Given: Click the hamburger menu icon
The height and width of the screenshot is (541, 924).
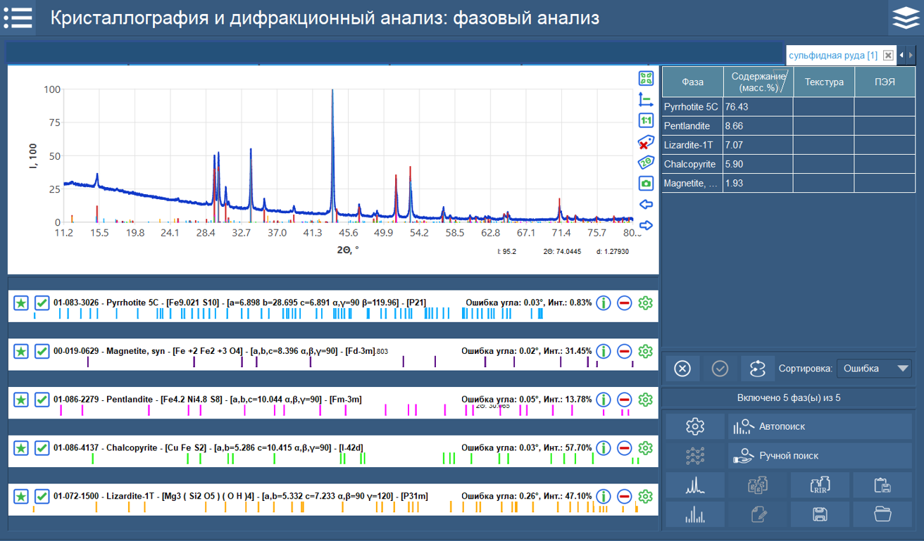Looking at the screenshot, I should click(18, 18).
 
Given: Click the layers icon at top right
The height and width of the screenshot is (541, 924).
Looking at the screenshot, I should click(906, 18).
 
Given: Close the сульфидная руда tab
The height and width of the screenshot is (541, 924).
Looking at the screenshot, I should click(888, 56).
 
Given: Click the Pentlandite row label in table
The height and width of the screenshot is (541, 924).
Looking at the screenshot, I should click(692, 126).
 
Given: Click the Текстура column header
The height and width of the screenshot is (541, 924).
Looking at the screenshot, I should click(824, 82).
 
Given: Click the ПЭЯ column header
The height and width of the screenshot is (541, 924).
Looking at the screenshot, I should click(885, 82).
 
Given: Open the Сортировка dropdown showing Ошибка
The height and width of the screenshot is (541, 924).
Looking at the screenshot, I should click(873, 369).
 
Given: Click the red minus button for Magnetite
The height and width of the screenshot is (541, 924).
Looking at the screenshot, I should click(624, 351).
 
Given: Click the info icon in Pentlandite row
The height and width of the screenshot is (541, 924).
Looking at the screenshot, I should click(603, 400).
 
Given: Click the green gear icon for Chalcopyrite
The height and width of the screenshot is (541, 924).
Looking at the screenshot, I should click(645, 448).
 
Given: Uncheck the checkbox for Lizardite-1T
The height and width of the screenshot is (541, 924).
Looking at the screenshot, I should click(42, 497).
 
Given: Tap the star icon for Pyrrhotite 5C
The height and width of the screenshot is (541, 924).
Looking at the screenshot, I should click(21, 303).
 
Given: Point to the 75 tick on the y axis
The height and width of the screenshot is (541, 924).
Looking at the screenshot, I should click(51, 122).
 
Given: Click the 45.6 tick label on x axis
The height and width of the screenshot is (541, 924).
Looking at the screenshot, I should click(347, 233).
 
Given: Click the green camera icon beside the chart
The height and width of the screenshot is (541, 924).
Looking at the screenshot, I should click(645, 184).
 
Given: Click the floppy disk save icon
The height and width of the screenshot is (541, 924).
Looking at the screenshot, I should click(820, 514).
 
